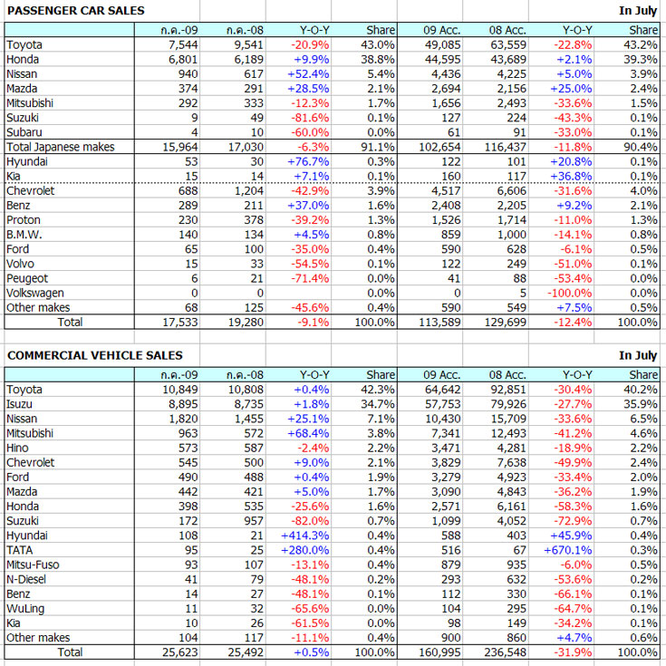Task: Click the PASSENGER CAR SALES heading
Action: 76,10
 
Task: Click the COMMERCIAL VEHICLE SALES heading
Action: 95,355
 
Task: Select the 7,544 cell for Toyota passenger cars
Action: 179,44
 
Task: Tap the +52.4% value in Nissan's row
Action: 310,73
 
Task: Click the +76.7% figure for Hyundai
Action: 310,161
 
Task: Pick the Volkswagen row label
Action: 34,293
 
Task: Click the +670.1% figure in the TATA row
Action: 568,550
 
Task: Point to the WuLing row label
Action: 25,608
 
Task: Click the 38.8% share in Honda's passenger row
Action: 376,59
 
